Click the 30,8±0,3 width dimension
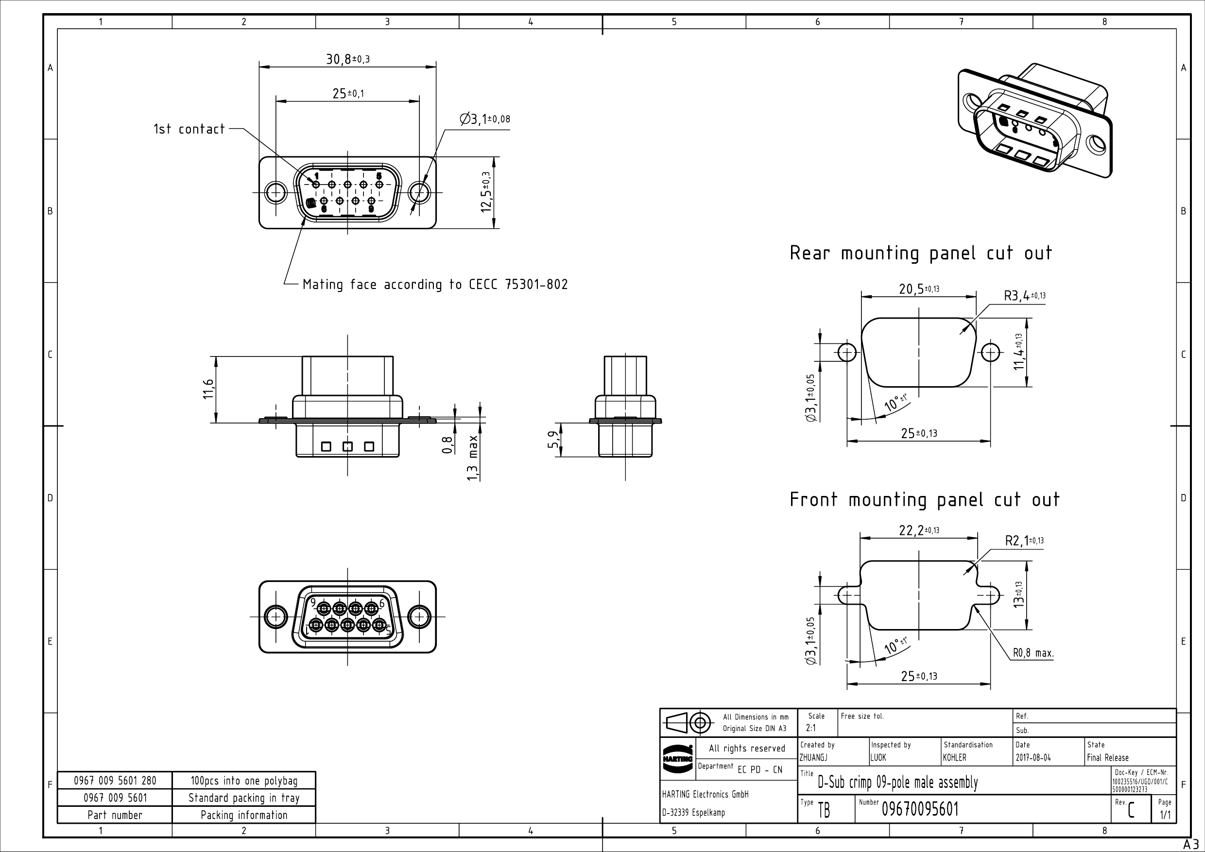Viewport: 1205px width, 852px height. [347, 59]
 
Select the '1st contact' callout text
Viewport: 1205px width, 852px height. [189, 129]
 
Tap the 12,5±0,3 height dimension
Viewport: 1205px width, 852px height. [486, 192]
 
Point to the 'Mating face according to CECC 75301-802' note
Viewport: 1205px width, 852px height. [435, 285]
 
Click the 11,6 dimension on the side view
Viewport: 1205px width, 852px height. [208, 389]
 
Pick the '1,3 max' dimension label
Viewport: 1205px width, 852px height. [473, 458]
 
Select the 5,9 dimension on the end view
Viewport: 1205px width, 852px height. [552, 440]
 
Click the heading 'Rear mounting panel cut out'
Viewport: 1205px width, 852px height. [921, 254]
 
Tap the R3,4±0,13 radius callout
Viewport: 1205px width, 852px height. [1024, 296]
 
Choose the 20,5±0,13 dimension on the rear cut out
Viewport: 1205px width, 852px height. [918, 289]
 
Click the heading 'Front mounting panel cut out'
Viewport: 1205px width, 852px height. [924, 499]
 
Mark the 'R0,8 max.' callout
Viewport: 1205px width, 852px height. [1033, 653]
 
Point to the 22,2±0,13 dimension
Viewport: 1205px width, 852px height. [918, 530]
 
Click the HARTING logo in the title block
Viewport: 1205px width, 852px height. [677, 759]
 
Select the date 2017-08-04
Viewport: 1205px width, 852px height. [1033, 758]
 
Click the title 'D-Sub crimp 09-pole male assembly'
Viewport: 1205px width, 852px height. [897, 783]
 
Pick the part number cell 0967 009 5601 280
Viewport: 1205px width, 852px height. [115, 781]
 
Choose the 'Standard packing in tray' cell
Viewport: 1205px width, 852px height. [244, 798]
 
